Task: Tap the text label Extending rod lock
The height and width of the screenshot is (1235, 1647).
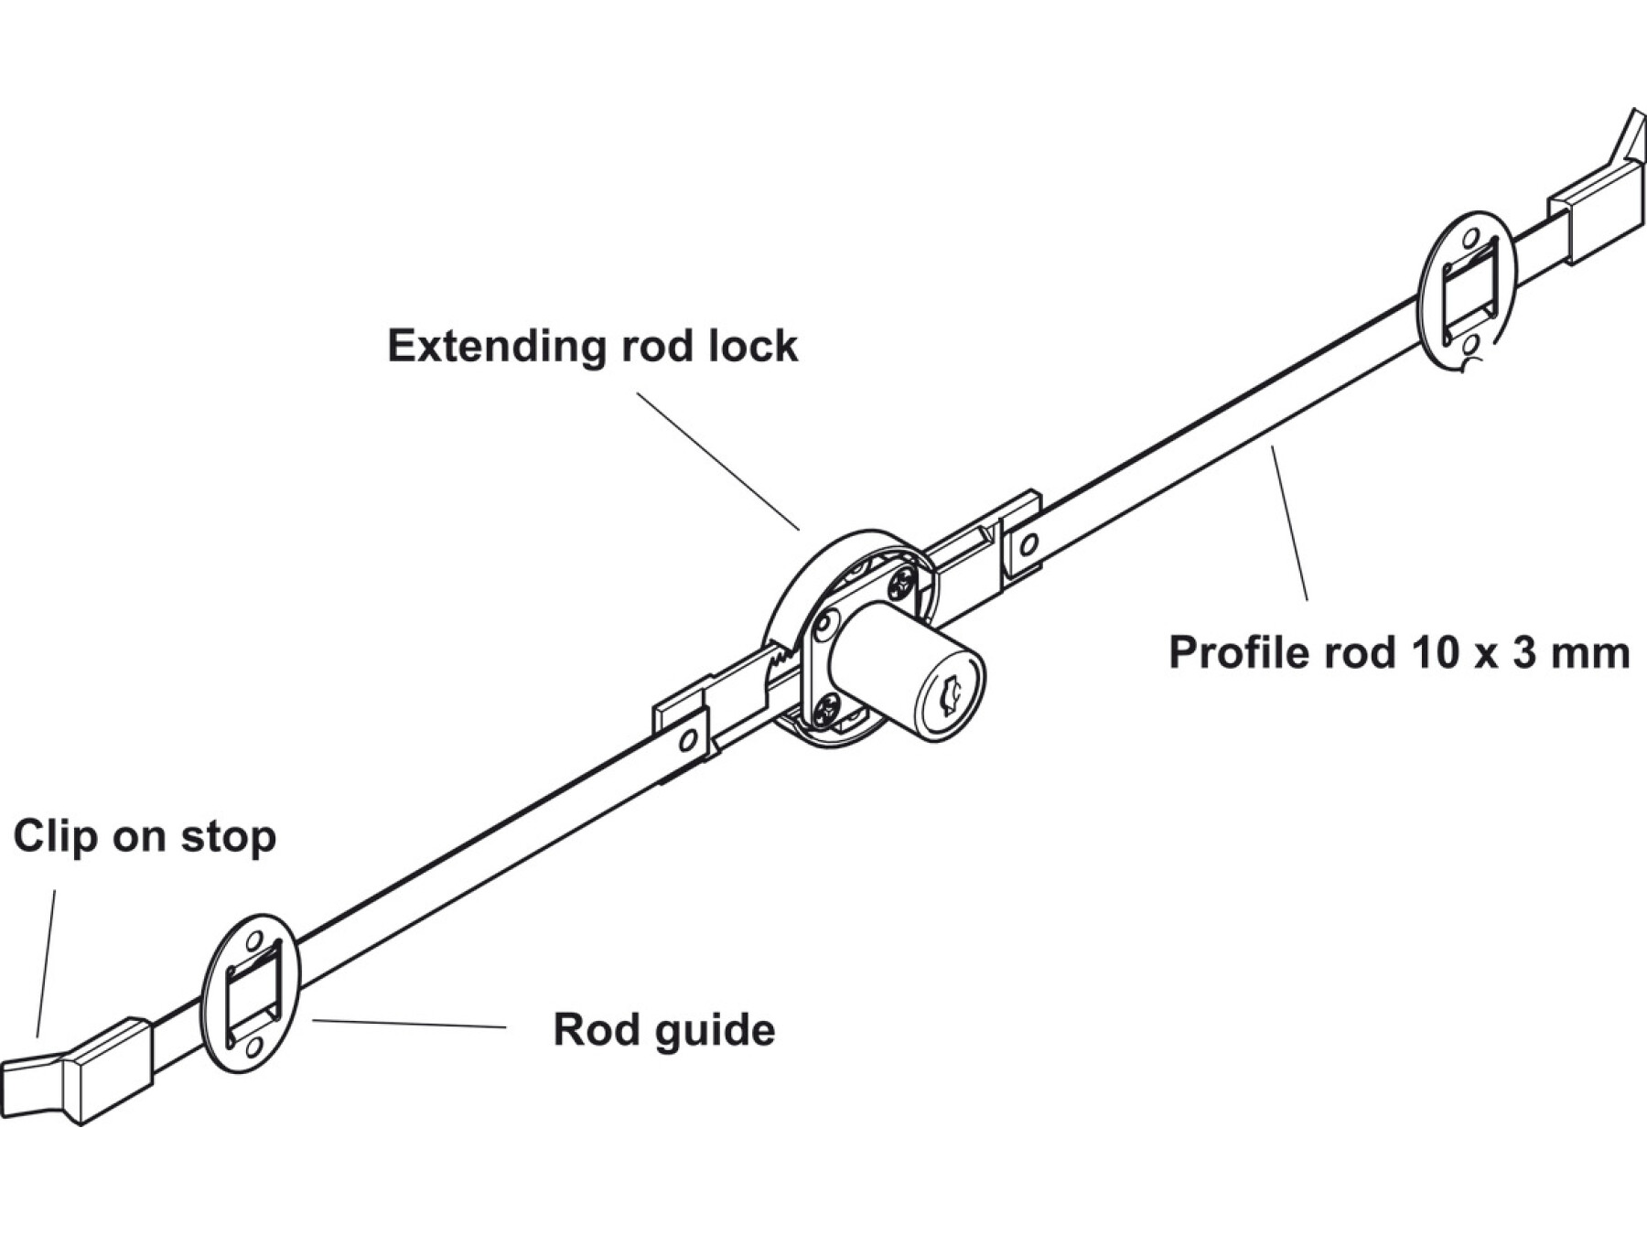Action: click(592, 347)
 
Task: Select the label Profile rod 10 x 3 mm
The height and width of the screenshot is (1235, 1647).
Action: click(1399, 653)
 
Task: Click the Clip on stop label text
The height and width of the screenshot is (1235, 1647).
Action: click(145, 837)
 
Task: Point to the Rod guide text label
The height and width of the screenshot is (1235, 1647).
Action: click(664, 1030)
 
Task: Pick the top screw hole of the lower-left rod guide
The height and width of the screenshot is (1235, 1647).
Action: click(255, 940)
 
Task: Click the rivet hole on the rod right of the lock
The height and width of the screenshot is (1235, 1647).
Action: click(1028, 546)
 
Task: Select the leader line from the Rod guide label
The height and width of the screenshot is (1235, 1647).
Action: click(408, 1024)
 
